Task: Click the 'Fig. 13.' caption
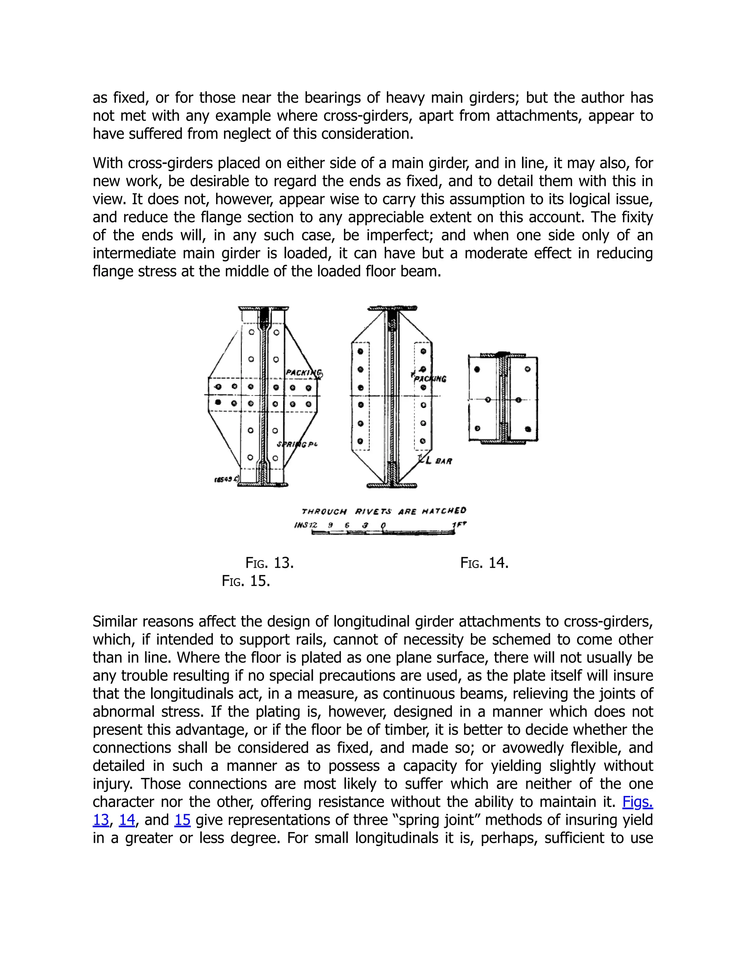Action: pos(270,563)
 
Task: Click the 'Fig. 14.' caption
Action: pos(484,563)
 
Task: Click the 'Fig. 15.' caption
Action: pos(246,581)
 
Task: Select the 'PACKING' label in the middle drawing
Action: pos(430,379)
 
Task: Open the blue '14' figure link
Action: pos(127,820)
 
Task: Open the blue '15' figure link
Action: pos(182,820)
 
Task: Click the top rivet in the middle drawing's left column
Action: pos(361,352)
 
